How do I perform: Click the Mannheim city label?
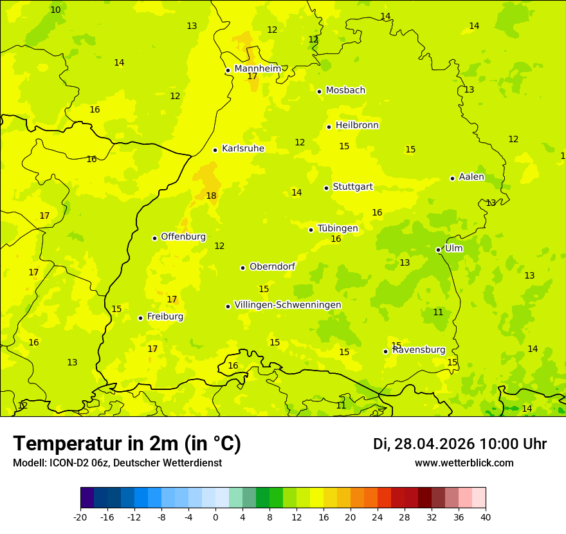257,68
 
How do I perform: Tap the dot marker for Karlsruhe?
215,150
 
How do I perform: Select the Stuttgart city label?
352,187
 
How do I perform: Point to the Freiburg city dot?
140,318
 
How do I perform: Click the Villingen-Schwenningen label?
288,304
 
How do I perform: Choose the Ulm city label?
453,248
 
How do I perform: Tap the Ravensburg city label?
419,349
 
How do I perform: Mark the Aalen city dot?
452,178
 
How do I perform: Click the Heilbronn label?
357,125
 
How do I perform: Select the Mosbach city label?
345,90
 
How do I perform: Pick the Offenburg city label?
183,236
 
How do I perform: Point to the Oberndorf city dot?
242,268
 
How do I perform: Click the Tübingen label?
338,228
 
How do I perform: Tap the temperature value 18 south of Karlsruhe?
211,196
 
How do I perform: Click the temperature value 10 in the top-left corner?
55,10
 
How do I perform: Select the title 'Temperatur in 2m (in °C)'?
127,443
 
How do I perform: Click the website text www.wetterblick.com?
464,463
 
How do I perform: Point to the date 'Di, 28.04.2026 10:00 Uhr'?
459,444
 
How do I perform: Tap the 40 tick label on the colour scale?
485,517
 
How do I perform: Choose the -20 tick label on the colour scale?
80,517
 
